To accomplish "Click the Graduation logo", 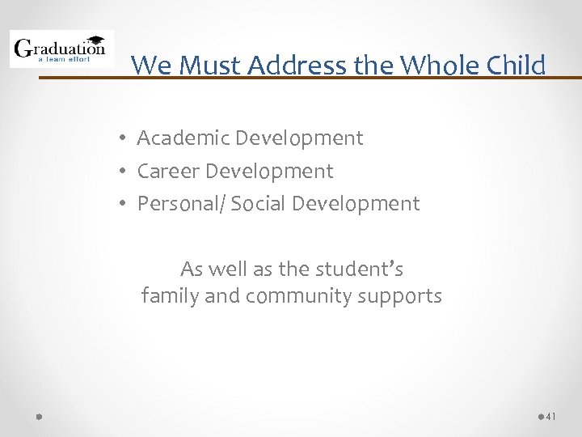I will coord(61,49).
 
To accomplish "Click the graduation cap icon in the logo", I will coord(95,39).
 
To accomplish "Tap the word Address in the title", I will coord(299,65).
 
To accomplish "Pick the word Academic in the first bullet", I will coord(183,138).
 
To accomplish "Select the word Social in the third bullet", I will coord(258,204).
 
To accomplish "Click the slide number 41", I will coord(551,416).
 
